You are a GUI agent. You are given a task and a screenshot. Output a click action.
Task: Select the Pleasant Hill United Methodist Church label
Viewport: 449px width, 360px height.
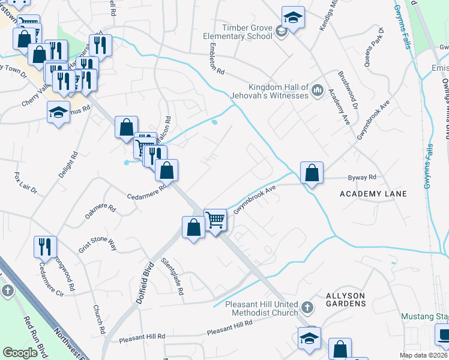click(262, 308)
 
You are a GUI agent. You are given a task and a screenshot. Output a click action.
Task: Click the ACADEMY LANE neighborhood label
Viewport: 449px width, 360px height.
click(373, 194)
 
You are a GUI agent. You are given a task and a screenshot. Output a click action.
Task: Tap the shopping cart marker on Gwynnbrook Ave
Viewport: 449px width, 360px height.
click(215, 220)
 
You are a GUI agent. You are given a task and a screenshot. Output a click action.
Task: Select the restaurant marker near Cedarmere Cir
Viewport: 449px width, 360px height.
click(45, 247)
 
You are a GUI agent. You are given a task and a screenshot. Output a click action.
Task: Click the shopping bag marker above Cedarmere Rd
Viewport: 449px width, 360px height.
click(166, 170)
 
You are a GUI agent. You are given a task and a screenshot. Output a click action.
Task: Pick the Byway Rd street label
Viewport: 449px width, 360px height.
click(362, 178)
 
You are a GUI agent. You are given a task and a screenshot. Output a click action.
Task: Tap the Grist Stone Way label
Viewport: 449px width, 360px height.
click(97, 244)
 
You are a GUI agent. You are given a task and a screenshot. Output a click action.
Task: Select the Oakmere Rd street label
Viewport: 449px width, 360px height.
click(100, 211)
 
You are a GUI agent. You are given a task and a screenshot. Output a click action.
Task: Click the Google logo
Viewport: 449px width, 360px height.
click(20, 352)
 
